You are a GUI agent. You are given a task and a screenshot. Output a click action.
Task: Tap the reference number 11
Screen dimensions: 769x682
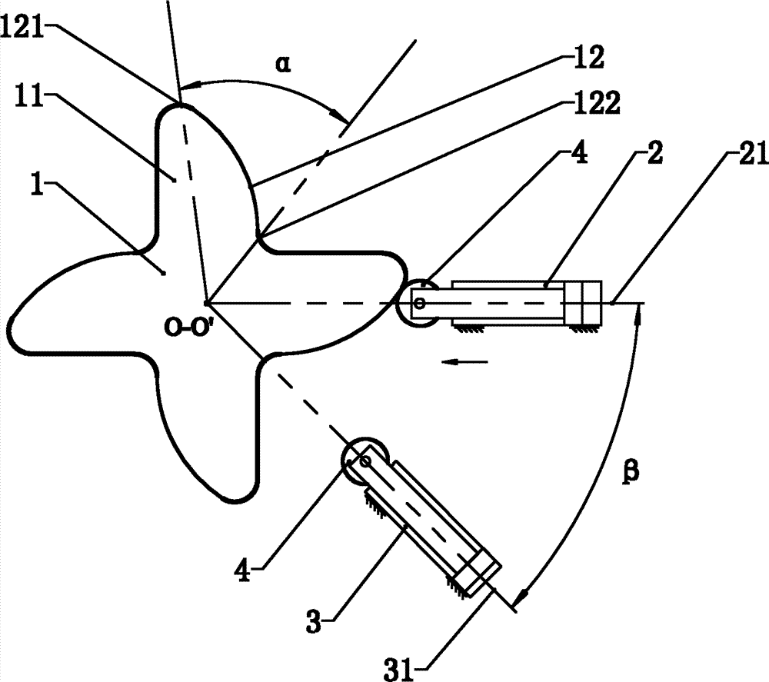coord(28,96)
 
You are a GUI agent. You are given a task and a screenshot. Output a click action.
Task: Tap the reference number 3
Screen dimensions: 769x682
coord(314,620)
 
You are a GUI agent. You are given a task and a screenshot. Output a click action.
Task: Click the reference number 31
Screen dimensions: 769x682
coord(398,669)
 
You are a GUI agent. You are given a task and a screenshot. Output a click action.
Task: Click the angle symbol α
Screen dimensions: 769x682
coord(282,64)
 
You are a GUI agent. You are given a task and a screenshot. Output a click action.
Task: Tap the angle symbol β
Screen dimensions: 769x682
coord(631,473)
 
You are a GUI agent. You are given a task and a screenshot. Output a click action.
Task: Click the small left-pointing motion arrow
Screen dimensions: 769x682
coord(464,362)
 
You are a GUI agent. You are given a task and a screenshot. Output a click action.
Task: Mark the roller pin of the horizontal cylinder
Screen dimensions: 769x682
coord(419,303)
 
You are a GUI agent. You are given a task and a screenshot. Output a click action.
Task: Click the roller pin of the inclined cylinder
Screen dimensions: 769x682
coord(365,461)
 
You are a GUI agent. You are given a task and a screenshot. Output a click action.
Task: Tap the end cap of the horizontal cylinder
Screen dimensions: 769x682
coord(583,302)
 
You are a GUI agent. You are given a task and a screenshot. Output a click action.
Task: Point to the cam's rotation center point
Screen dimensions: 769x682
coord(207,304)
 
